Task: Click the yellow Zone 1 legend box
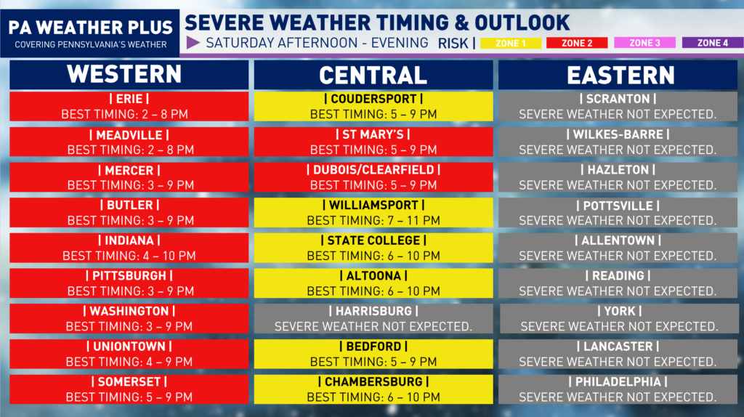click(x=511, y=43)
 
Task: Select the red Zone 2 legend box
click(x=577, y=43)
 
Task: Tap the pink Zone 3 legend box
click(x=644, y=43)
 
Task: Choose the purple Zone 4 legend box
click(x=712, y=43)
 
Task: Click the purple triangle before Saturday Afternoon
click(x=193, y=43)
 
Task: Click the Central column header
click(x=373, y=75)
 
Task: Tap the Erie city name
click(x=129, y=99)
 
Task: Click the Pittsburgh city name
click(x=129, y=275)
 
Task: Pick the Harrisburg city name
click(x=373, y=311)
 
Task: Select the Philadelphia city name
click(x=618, y=382)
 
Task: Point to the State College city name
click(x=373, y=240)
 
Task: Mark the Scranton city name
click(x=618, y=99)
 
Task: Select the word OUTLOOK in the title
click(x=522, y=23)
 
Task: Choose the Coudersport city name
click(x=373, y=99)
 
